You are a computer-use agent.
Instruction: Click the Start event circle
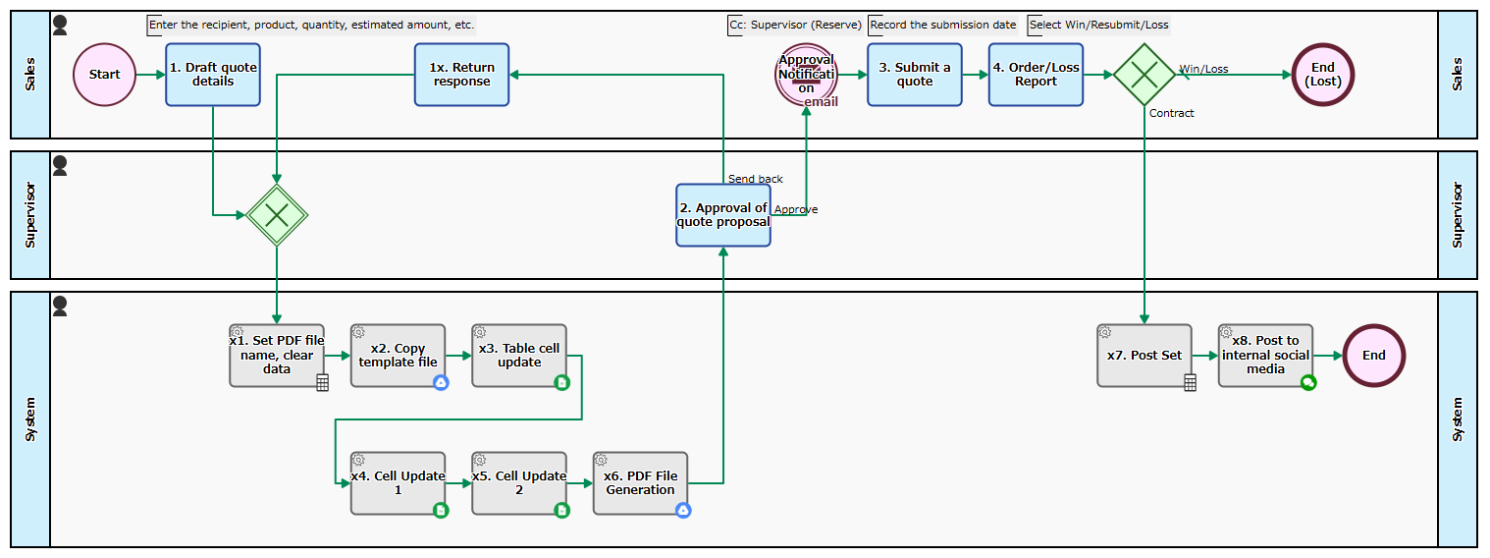coord(104,75)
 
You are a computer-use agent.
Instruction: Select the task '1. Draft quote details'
coord(213,75)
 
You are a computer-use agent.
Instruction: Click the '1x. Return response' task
coord(461,75)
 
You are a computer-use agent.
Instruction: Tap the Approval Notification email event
coord(806,75)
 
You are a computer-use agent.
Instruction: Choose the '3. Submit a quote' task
coord(914,75)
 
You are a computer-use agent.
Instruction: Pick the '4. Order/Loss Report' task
coord(1036,75)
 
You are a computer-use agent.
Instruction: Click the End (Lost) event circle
coord(1323,75)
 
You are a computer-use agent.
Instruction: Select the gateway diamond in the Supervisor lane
coord(277,214)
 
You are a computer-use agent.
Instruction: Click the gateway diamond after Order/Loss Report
coord(1144,75)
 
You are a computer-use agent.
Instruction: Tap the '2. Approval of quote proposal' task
coord(723,215)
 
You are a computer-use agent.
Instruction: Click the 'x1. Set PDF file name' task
coord(277,356)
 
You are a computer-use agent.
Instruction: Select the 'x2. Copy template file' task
coord(398,356)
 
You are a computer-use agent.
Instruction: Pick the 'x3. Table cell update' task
coord(519,356)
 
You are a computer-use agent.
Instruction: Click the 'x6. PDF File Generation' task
coord(640,483)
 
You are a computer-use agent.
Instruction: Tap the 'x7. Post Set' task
coord(1144,356)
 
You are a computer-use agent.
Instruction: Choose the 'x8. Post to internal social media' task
coord(1265,356)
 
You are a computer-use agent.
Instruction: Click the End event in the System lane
coord(1373,356)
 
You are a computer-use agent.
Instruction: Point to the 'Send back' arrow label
coord(755,179)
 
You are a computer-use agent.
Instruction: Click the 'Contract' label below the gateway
coord(1171,113)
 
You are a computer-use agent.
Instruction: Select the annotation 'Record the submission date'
coord(942,25)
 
